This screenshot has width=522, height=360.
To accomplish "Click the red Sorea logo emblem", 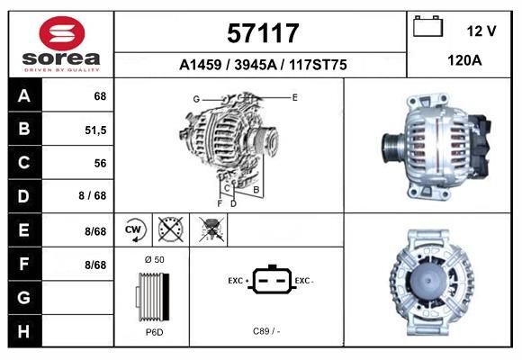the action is (x=62, y=33).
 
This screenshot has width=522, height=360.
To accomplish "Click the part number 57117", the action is (x=263, y=33).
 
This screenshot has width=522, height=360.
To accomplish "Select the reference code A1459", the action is (x=200, y=65).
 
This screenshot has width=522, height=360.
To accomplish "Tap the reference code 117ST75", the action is (x=318, y=65).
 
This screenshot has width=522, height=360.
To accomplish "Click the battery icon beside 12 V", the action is (x=427, y=26).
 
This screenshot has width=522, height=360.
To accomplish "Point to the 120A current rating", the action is (x=464, y=60).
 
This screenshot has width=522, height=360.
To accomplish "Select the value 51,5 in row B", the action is (x=95, y=130).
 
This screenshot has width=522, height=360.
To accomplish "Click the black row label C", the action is (x=24, y=163).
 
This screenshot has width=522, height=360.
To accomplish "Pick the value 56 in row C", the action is (x=100, y=163).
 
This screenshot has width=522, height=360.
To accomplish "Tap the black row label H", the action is (x=24, y=331).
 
